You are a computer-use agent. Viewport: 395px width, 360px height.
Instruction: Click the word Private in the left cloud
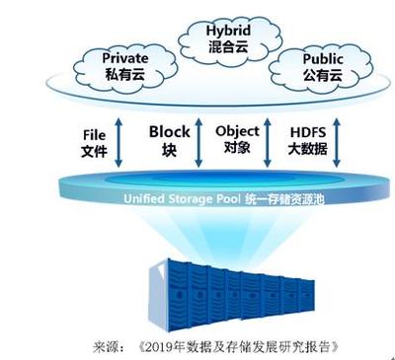point(125,59)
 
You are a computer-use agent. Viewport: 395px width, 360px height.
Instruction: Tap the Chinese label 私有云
point(124,74)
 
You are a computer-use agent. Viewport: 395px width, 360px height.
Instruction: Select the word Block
point(169,131)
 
